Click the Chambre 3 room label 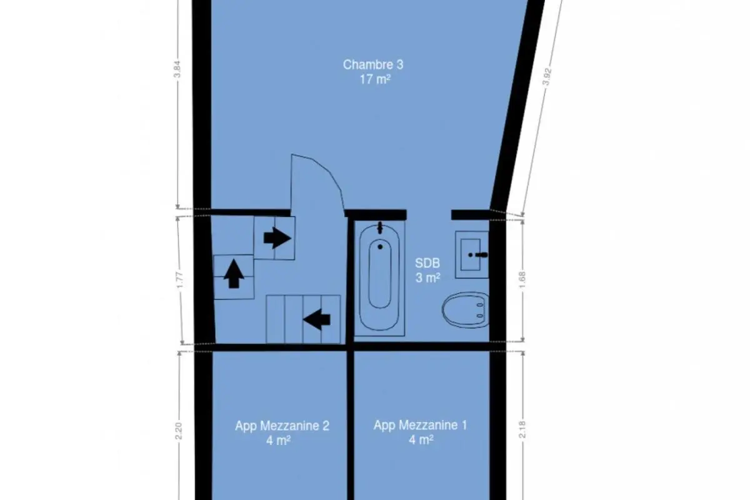[x=373, y=64]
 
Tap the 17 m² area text [x=375, y=80]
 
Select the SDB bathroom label [x=427, y=263]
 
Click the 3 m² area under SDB [x=427, y=278]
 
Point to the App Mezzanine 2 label [x=282, y=426]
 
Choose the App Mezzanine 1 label [x=420, y=426]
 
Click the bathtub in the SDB [x=380, y=277]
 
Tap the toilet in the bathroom [x=466, y=310]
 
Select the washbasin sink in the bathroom [x=472, y=254]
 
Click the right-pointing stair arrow [x=277, y=238]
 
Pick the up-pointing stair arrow [x=234, y=274]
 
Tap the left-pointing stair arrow [x=317, y=319]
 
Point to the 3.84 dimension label [x=177, y=69]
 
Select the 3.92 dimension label [x=546, y=77]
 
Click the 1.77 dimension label [x=179, y=279]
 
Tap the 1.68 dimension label [x=522, y=279]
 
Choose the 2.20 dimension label [x=179, y=431]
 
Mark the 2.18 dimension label [x=522, y=429]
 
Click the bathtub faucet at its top [x=380, y=227]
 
